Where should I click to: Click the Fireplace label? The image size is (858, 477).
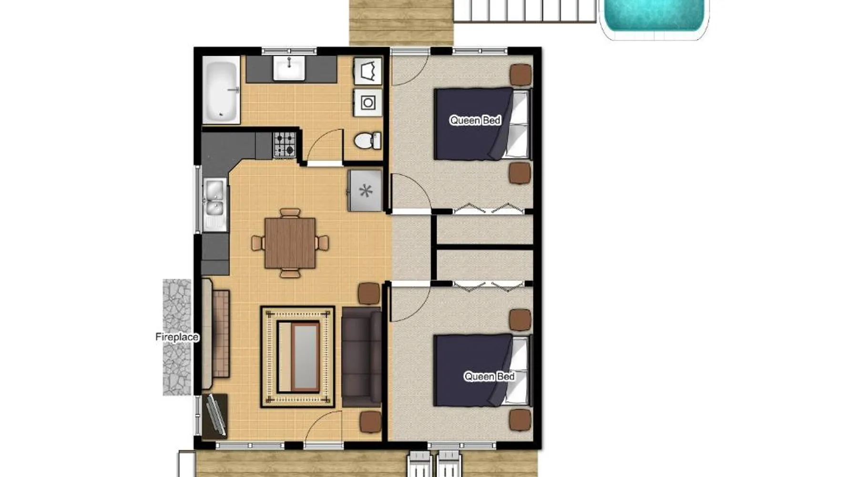click(177, 337)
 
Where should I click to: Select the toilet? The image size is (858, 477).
click(368, 141)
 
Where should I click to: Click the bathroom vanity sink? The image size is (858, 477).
click(289, 68)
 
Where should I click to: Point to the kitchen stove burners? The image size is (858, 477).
click(285, 145)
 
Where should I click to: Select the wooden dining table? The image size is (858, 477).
click(290, 243)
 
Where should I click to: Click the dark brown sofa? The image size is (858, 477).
click(362, 357)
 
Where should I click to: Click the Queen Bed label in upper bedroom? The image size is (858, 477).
click(475, 120)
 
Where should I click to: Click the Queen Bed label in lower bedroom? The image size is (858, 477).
click(490, 376)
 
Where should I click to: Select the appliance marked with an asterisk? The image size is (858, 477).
click(365, 191)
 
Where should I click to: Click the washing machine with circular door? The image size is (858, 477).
click(368, 103)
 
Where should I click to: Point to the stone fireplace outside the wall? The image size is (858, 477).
click(177, 337)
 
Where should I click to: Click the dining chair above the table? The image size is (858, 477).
click(290, 212)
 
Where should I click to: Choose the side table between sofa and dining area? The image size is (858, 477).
click(368, 293)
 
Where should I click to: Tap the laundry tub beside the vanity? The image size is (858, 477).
click(368, 71)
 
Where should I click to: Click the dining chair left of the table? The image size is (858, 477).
click(258, 243)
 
